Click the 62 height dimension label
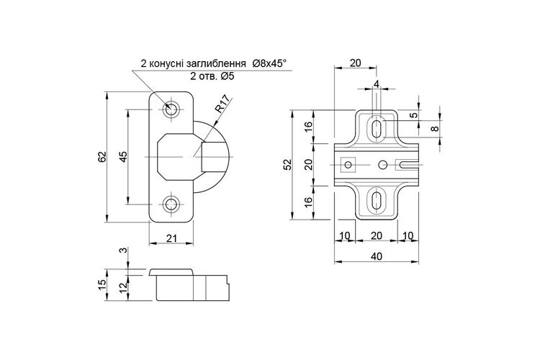pos(102,157)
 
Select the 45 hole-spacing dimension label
pos(123,157)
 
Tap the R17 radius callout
pos(222,104)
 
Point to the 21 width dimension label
pos(171,238)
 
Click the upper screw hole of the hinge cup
pos(171,109)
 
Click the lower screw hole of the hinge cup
pos(170,204)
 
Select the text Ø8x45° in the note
pos(269,63)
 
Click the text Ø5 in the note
pos(228,76)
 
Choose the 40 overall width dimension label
pos(376,256)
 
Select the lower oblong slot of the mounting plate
pos(377,200)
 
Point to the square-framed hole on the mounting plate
pos(348,165)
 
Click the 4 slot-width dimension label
pos(377,84)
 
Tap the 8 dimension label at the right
pos(435,128)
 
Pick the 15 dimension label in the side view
pos(102,285)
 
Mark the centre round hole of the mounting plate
pos(382,165)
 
